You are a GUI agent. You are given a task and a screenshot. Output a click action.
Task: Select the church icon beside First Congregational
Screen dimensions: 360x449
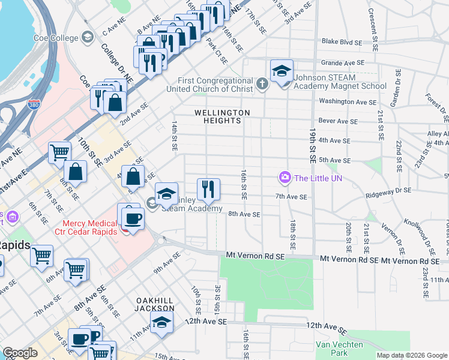261,84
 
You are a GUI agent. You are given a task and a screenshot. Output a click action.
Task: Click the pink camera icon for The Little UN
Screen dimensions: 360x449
284,177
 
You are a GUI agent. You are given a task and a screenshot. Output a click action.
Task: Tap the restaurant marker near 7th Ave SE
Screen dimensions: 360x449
208,190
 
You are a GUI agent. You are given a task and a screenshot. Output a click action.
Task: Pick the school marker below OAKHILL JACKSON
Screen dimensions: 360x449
161,323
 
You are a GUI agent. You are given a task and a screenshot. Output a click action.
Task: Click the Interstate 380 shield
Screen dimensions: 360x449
35,107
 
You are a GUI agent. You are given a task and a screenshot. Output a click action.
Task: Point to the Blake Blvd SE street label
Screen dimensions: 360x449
342,43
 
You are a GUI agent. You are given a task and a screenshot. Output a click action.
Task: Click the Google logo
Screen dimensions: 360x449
20,353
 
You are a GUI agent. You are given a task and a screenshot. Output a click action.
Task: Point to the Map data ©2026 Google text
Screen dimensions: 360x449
411,355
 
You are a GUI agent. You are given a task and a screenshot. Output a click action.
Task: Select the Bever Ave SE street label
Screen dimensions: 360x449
338,121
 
